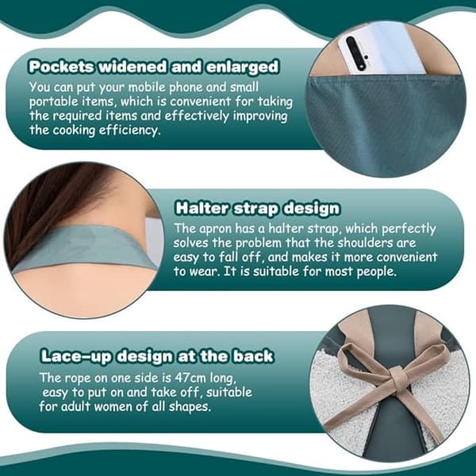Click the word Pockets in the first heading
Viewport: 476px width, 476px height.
coord(61,67)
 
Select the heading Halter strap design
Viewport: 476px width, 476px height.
coord(257,209)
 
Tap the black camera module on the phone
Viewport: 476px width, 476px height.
coord(355,53)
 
